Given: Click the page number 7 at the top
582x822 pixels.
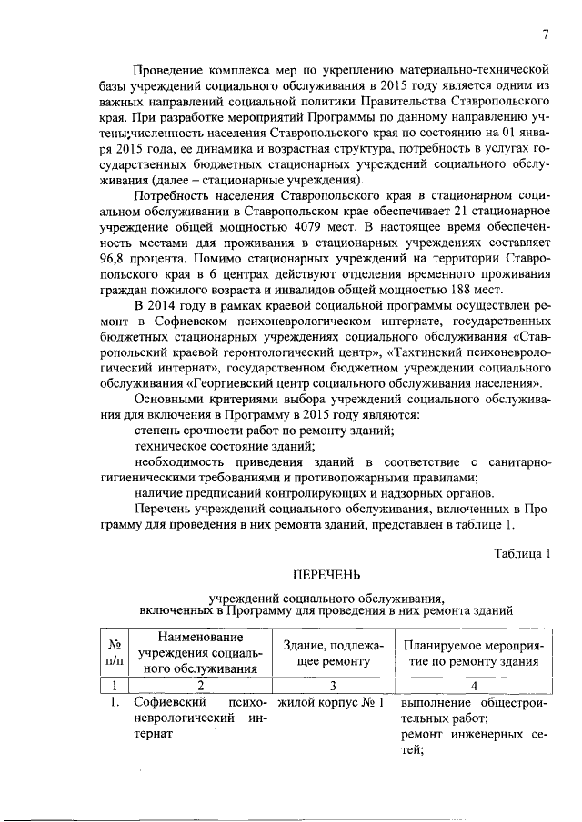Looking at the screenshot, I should click(546, 35).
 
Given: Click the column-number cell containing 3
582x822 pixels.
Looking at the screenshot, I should click(333, 686).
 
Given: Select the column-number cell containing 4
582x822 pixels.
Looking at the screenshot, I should click(474, 686).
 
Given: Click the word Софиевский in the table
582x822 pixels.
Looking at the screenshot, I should click(166, 703).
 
